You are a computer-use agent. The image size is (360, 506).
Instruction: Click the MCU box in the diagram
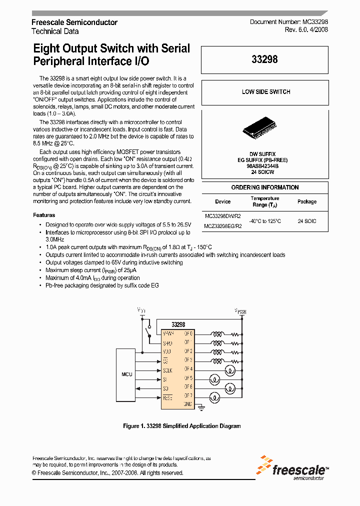[x=127, y=374]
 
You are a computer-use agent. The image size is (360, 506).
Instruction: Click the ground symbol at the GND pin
[x=200, y=407]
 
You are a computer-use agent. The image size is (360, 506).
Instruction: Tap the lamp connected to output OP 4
[x=230, y=369]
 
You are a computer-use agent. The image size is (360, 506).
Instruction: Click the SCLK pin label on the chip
[x=168, y=369]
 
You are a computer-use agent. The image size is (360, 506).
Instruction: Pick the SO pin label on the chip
[x=166, y=387]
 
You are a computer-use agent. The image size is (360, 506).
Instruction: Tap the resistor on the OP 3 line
[x=233, y=360]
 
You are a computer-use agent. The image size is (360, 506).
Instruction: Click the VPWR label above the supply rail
[x=241, y=311]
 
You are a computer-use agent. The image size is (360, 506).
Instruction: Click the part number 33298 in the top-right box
[x=264, y=59]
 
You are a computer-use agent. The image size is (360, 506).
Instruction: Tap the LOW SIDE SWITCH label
[x=265, y=92]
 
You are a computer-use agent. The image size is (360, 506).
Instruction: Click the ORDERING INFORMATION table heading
[x=264, y=187]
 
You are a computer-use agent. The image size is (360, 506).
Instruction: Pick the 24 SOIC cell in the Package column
[x=306, y=220]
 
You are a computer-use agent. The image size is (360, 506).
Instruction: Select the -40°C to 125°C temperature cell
[x=265, y=220]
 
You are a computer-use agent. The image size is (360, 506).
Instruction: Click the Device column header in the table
[x=222, y=201]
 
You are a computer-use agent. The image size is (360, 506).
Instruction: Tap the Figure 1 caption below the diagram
[x=182, y=426]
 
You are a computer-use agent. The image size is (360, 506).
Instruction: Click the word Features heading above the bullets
[x=44, y=215]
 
